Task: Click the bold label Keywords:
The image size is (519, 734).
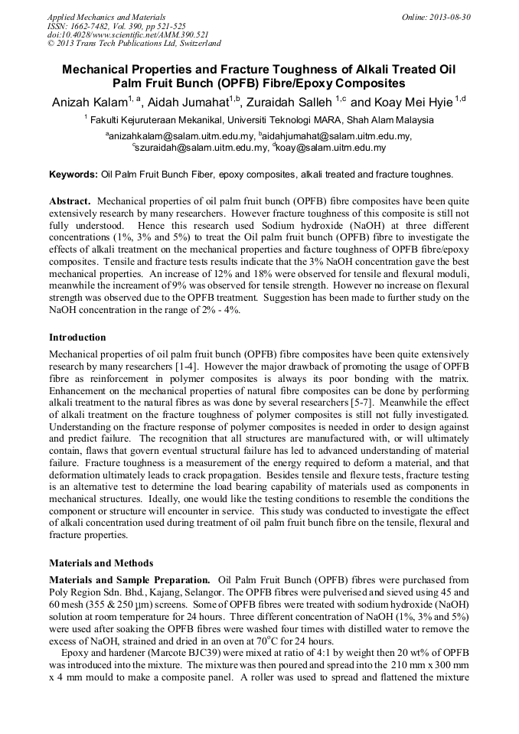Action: click(x=73, y=175)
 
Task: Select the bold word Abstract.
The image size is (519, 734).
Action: click(x=70, y=201)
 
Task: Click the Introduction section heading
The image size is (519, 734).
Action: click(x=77, y=337)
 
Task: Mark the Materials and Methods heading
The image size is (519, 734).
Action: click(x=101, y=563)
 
